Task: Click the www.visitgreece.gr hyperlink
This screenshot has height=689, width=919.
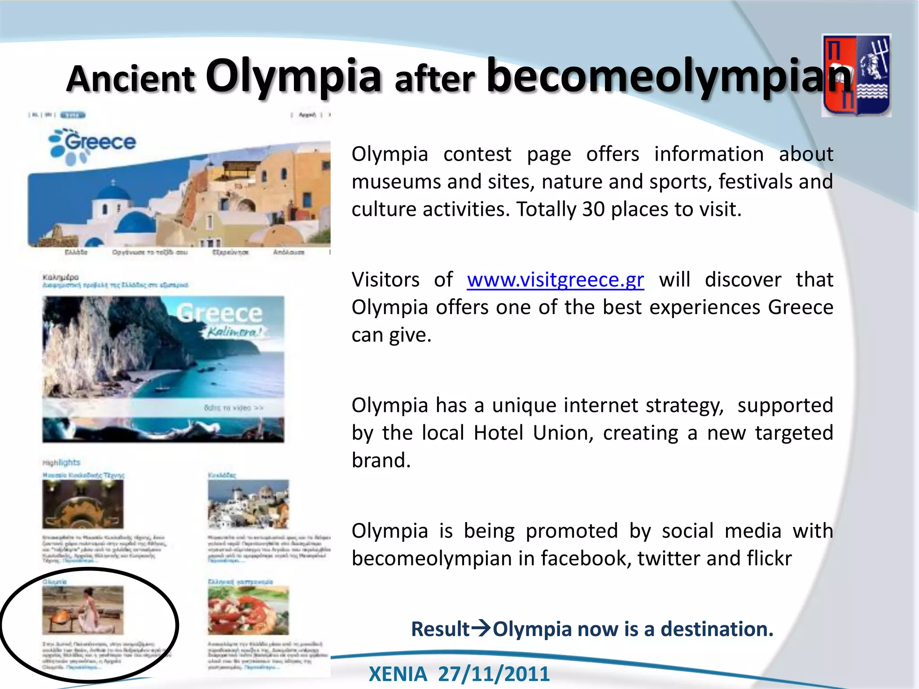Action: (x=555, y=280)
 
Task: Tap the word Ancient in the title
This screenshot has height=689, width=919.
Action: (x=131, y=79)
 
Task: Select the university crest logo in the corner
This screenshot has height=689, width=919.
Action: (x=856, y=75)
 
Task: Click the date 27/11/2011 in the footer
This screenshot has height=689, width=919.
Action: (x=494, y=674)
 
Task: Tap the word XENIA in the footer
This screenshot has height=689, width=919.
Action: (x=398, y=674)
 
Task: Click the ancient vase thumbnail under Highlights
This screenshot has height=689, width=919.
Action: (x=83, y=503)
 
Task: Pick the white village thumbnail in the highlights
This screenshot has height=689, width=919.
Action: (x=248, y=503)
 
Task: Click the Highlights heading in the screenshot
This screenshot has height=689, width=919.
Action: (x=61, y=462)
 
